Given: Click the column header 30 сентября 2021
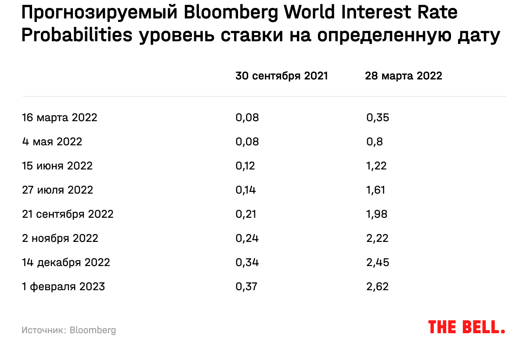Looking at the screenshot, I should click(x=282, y=76).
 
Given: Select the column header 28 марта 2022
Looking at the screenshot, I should click(x=403, y=76).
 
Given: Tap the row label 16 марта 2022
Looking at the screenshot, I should click(x=60, y=118).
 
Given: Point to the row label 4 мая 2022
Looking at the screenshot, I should click(x=52, y=142).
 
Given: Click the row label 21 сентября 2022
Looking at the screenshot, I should click(x=68, y=214).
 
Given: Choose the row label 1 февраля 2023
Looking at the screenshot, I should click(x=64, y=287).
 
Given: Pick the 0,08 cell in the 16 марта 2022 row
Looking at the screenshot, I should click(x=247, y=118).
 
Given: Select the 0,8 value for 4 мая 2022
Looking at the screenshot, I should click(x=375, y=142).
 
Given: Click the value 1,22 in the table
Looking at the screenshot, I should click(x=376, y=166).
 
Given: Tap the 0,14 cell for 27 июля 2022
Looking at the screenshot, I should click(x=245, y=190).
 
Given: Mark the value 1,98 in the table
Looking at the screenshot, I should click(x=377, y=214).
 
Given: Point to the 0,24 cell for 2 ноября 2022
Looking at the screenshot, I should click(x=247, y=238).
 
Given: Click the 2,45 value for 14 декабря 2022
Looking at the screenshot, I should click(x=378, y=263).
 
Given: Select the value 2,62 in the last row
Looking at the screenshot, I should click(x=378, y=287).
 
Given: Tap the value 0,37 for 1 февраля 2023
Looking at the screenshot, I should click(x=246, y=287).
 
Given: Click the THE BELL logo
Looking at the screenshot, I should click(x=466, y=327).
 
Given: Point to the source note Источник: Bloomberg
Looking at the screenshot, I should click(x=69, y=330).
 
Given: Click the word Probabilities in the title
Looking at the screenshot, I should click(x=76, y=36).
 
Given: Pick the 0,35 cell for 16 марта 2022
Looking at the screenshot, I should click(x=378, y=118).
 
